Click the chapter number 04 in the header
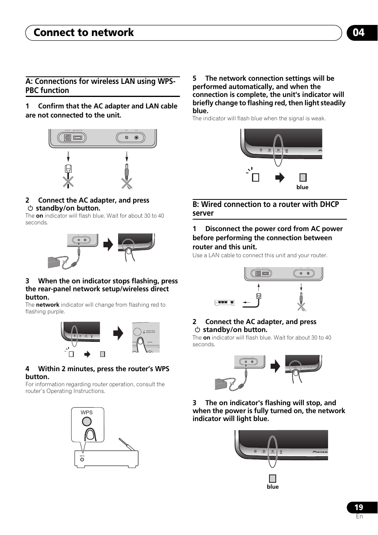[x=359, y=32]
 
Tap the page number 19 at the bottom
[x=359, y=507]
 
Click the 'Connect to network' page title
[x=84, y=32]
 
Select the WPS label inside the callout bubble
[x=86, y=412]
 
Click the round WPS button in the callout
[x=87, y=421]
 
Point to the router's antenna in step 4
[x=127, y=444]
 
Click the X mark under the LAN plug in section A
[x=68, y=182]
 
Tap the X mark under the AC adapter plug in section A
[x=127, y=183]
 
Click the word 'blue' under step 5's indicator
[x=302, y=187]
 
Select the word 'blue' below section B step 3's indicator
[x=273, y=487]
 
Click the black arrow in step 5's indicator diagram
[x=280, y=178]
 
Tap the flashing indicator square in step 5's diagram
[x=256, y=178]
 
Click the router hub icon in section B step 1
[x=225, y=303]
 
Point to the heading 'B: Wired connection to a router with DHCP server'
[x=266, y=209]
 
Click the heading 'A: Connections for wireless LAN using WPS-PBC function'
[x=101, y=86]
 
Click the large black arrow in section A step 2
[x=108, y=245]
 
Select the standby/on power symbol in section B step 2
[x=197, y=330]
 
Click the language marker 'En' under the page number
[x=359, y=516]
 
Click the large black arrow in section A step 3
[x=118, y=333]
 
